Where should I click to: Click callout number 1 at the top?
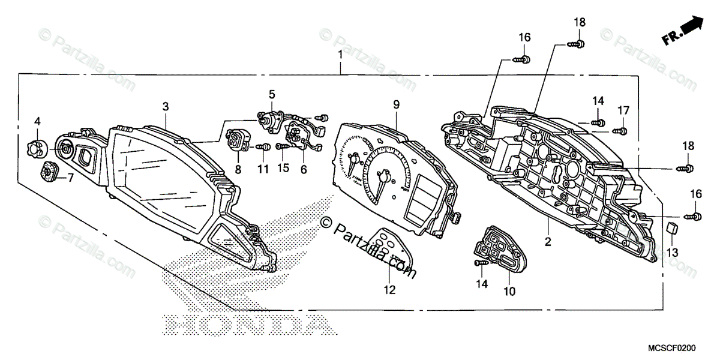[340, 55]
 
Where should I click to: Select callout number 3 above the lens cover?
[166, 106]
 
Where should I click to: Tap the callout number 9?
[396, 104]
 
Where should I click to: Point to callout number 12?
[389, 290]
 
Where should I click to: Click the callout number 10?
[509, 292]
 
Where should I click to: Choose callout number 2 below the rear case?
[547, 242]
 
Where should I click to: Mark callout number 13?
[672, 254]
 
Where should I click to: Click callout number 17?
[624, 110]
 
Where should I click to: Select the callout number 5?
[272, 94]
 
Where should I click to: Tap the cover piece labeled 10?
[494, 252]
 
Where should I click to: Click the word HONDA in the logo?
[247, 324]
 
